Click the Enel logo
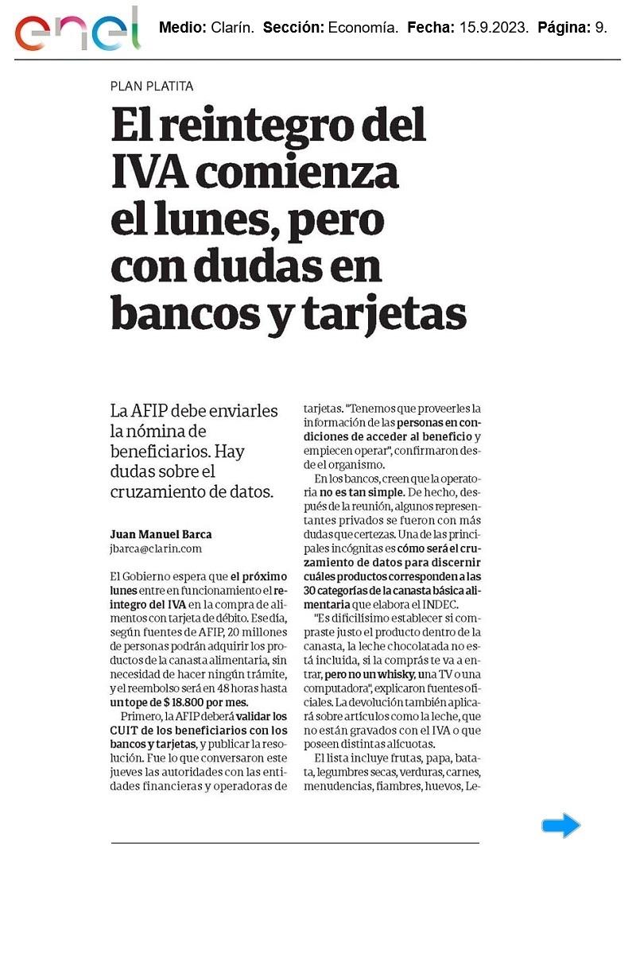tap(77, 31)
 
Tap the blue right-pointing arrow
tap(561, 826)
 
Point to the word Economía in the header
tap(362, 28)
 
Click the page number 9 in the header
tap(601, 28)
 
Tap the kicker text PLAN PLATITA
tap(152, 86)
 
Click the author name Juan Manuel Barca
tap(161, 534)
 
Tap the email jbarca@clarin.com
tap(156, 549)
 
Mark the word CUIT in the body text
tap(124, 731)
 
